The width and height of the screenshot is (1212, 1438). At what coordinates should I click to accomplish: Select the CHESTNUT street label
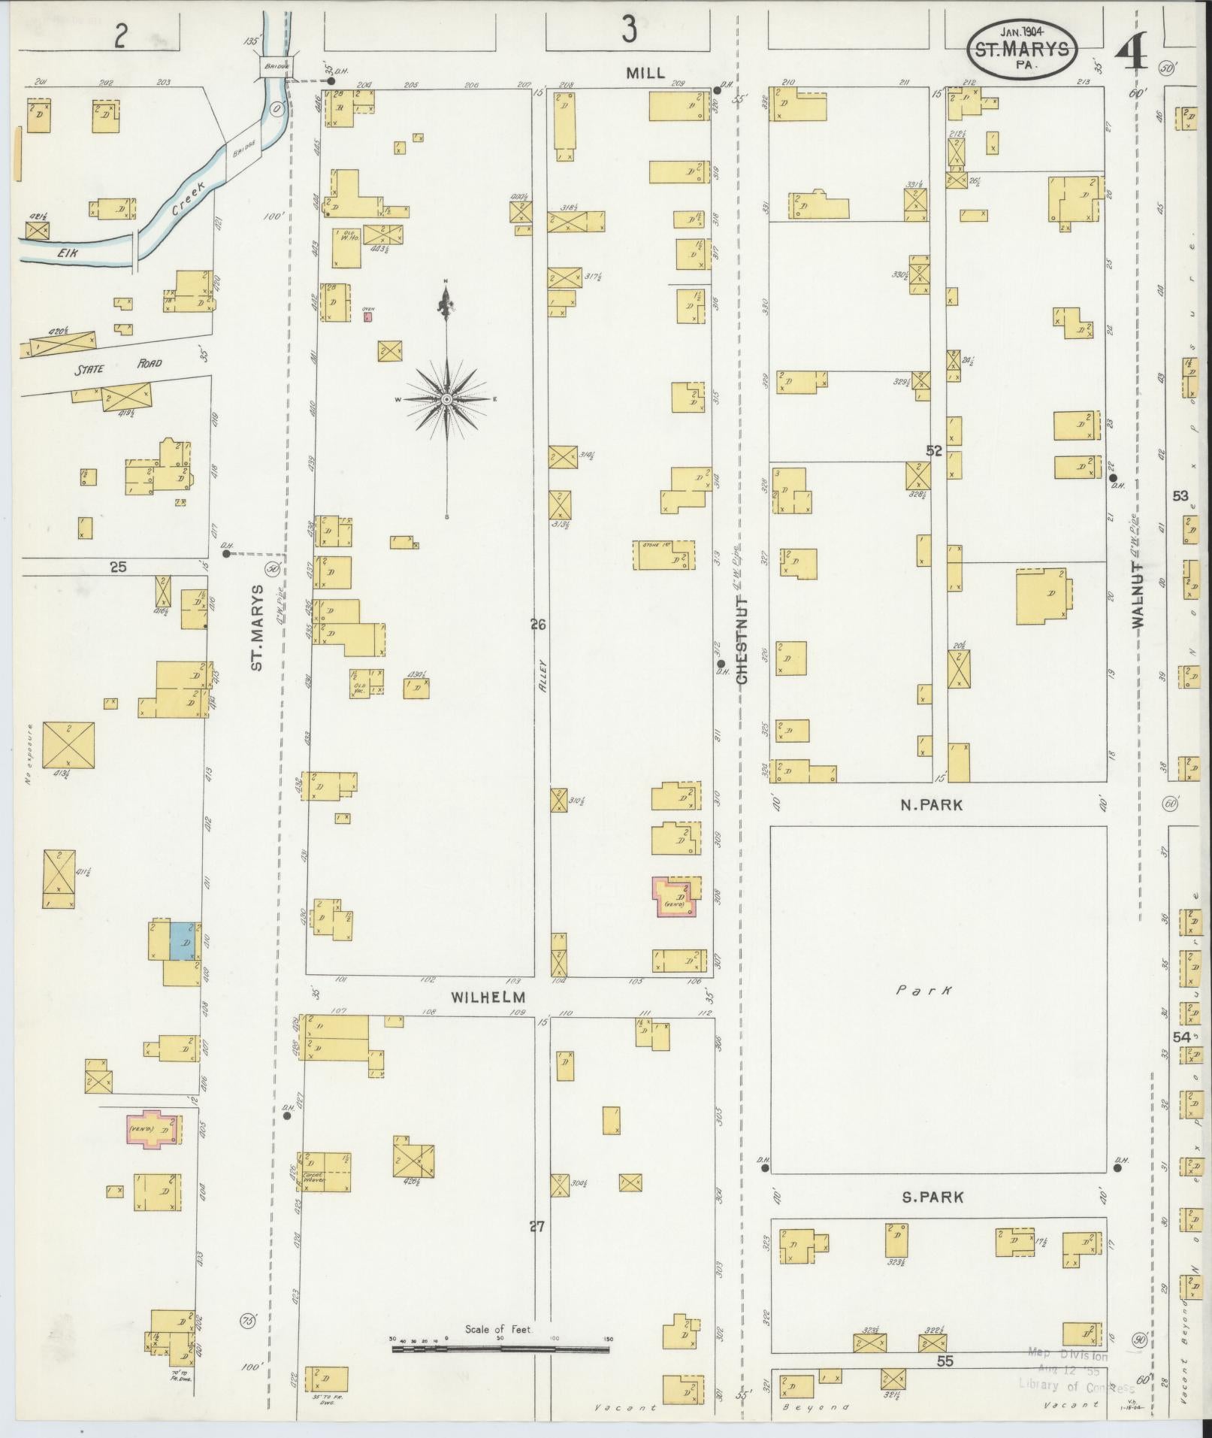click(x=742, y=640)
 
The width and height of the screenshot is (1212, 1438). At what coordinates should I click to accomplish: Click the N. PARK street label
click(x=932, y=804)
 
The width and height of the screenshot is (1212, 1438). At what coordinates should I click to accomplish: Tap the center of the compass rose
click(x=446, y=399)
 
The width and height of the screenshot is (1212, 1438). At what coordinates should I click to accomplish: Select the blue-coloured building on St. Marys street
click(x=182, y=941)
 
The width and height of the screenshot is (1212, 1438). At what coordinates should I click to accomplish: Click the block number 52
click(x=933, y=451)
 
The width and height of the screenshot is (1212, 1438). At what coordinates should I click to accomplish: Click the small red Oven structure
click(x=367, y=316)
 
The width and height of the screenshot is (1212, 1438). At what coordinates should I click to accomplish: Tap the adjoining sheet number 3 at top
click(x=628, y=30)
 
